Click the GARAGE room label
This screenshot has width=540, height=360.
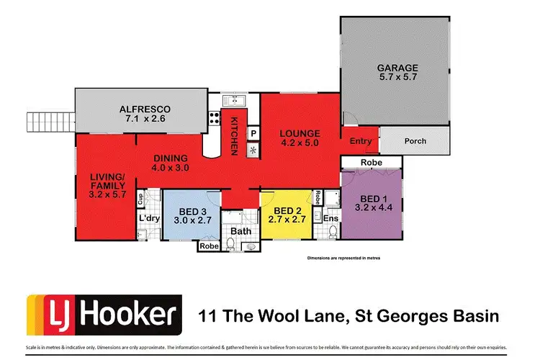coord(397,68)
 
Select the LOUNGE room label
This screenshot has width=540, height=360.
coord(299,133)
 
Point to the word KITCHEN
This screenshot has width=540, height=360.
coord(234,137)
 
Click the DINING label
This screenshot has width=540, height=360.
coord(170,158)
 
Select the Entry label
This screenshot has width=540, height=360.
coord(361,141)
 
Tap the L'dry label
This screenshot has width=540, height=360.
coord(148,218)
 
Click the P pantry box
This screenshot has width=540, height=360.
coord(253,133)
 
